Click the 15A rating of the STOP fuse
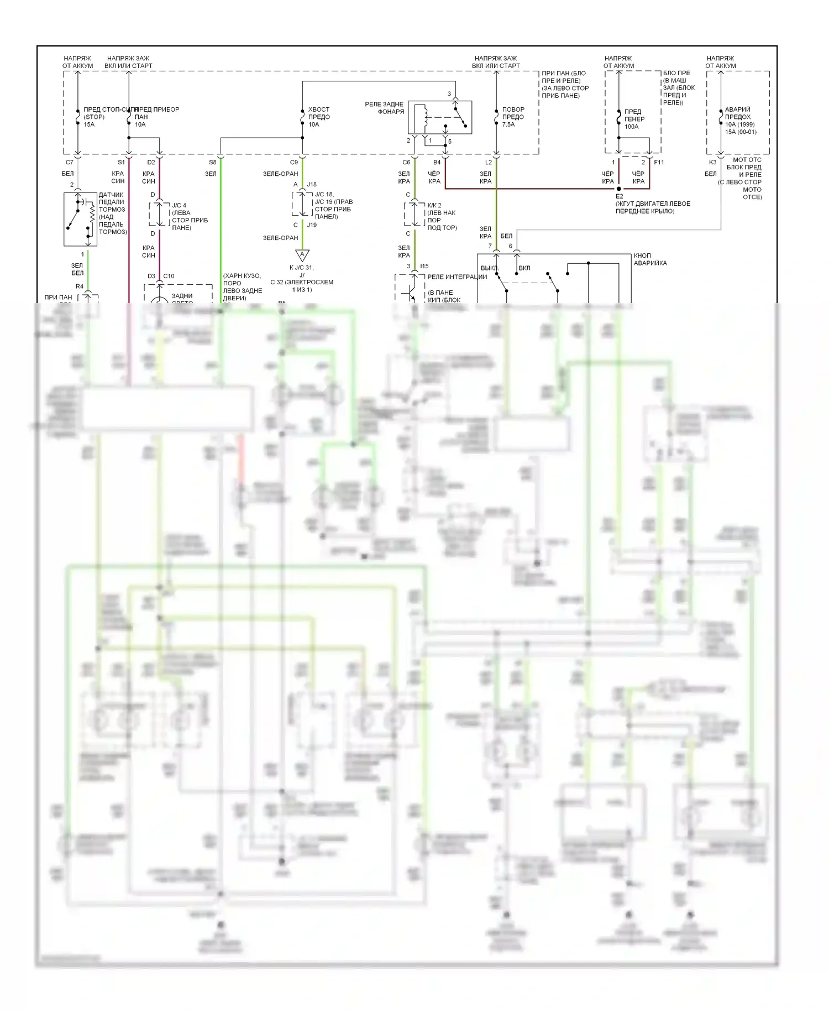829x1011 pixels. click(x=89, y=124)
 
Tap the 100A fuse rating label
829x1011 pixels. click(x=631, y=127)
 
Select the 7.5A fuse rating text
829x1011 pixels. click(x=508, y=124)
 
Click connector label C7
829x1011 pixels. click(x=70, y=163)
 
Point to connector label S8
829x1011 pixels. click(x=213, y=163)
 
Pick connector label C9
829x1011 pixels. click(x=294, y=163)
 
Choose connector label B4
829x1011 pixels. click(x=437, y=163)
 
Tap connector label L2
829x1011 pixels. click(x=489, y=163)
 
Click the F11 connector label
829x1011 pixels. click(x=659, y=163)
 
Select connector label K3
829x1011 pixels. click(x=712, y=163)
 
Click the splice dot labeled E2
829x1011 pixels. click(x=619, y=189)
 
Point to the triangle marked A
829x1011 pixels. click(x=302, y=255)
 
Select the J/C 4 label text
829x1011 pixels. click(x=179, y=205)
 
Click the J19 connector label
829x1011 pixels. click(x=312, y=225)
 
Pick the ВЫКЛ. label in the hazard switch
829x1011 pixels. click(x=490, y=268)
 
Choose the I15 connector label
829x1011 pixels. click(x=424, y=266)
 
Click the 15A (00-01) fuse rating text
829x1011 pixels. click(x=741, y=132)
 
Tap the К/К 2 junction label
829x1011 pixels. click(x=434, y=205)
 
